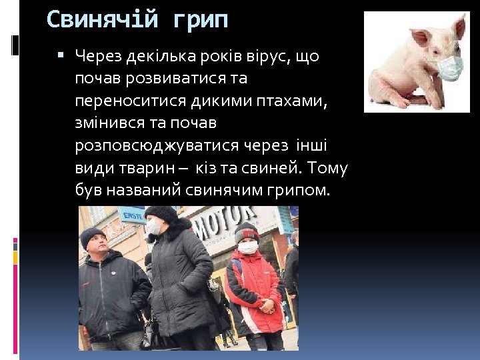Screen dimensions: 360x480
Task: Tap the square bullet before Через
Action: point(61,56)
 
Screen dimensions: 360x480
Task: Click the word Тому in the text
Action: point(327,168)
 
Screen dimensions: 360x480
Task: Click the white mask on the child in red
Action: point(248,247)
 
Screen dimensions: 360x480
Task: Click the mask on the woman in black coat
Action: point(154,227)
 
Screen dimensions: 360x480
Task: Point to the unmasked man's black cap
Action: point(93,235)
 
